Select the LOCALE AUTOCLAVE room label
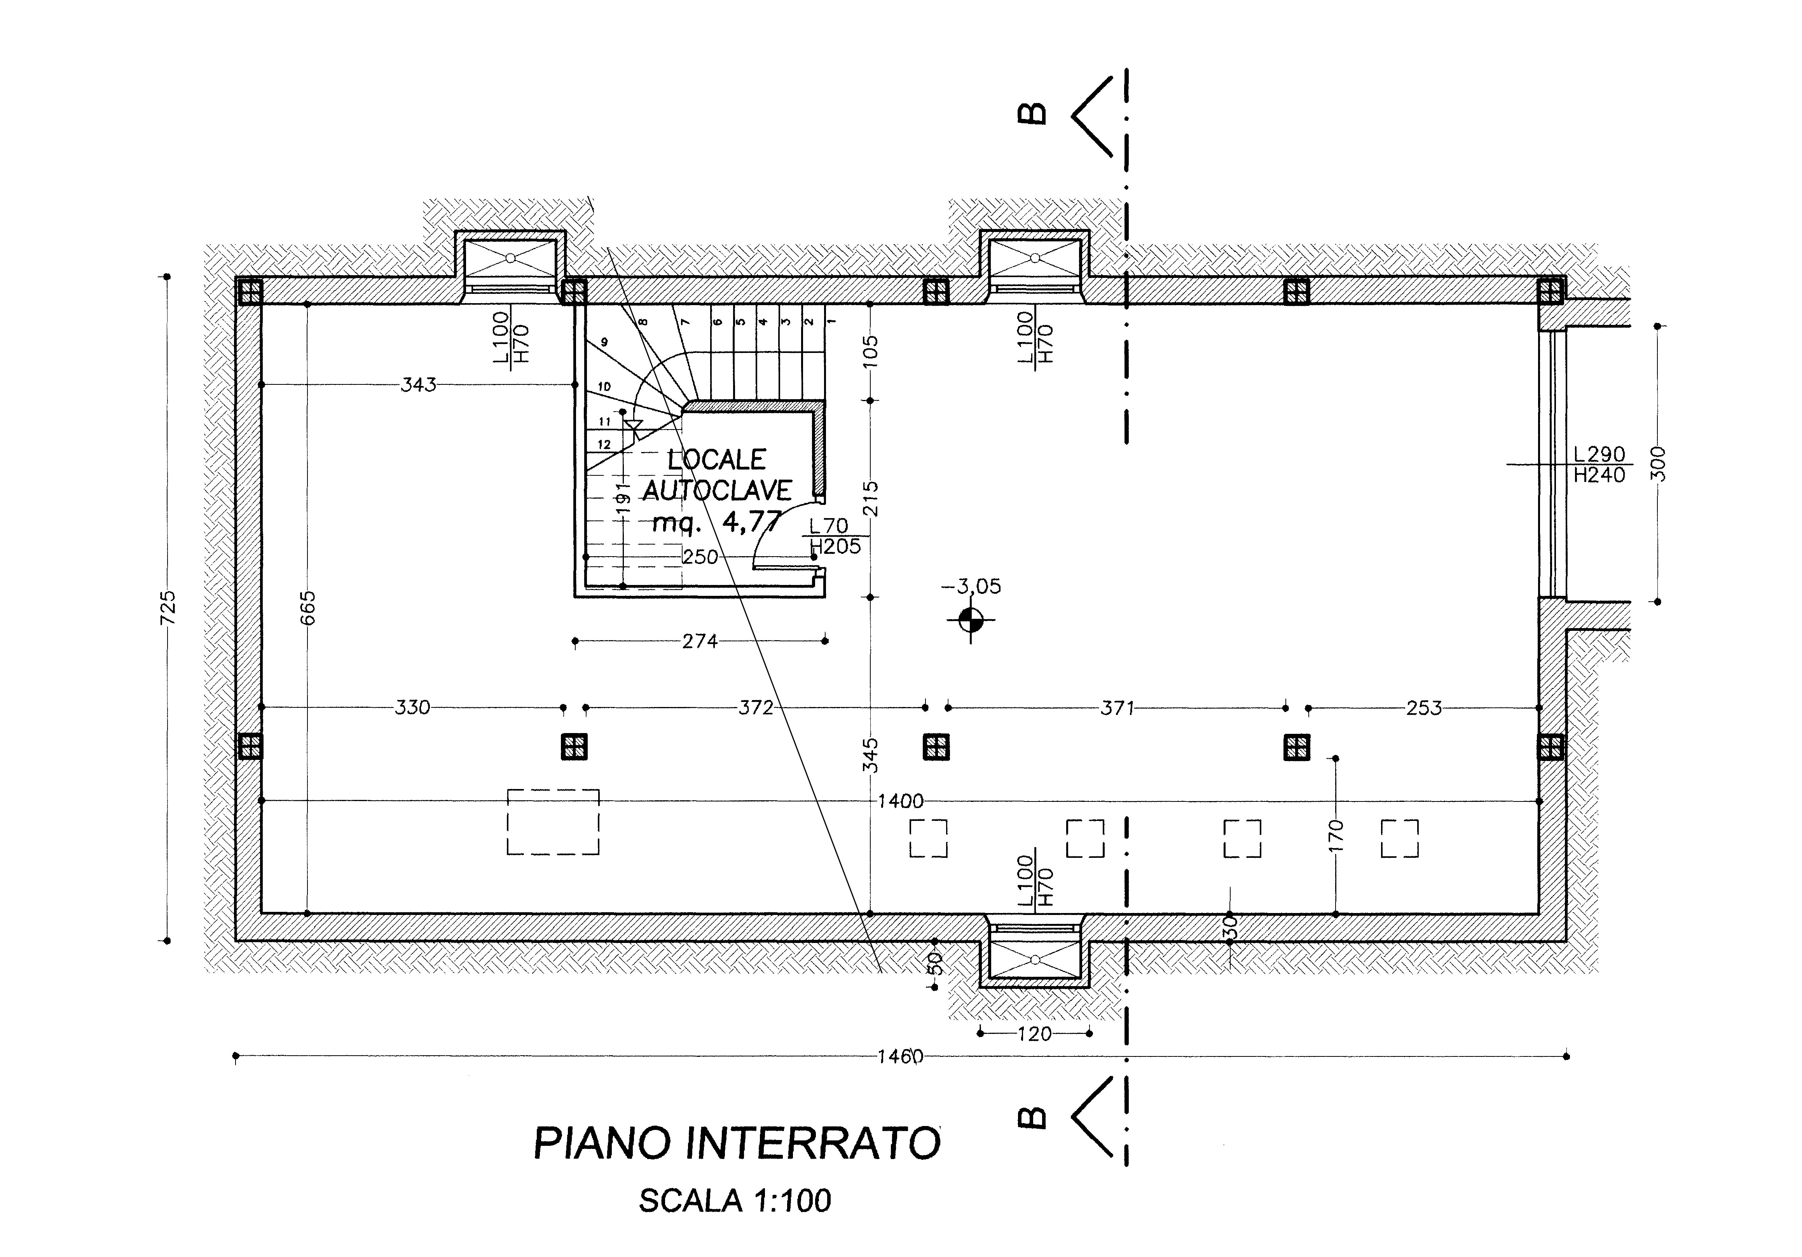[x=716, y=475]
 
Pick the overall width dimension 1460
[x=900, y=1056]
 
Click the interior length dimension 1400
[x=900, y=801]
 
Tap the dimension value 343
[x=418, y=384]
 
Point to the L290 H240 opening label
[x=1599, y=464]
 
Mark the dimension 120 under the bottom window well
[x=1034, y=1034]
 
